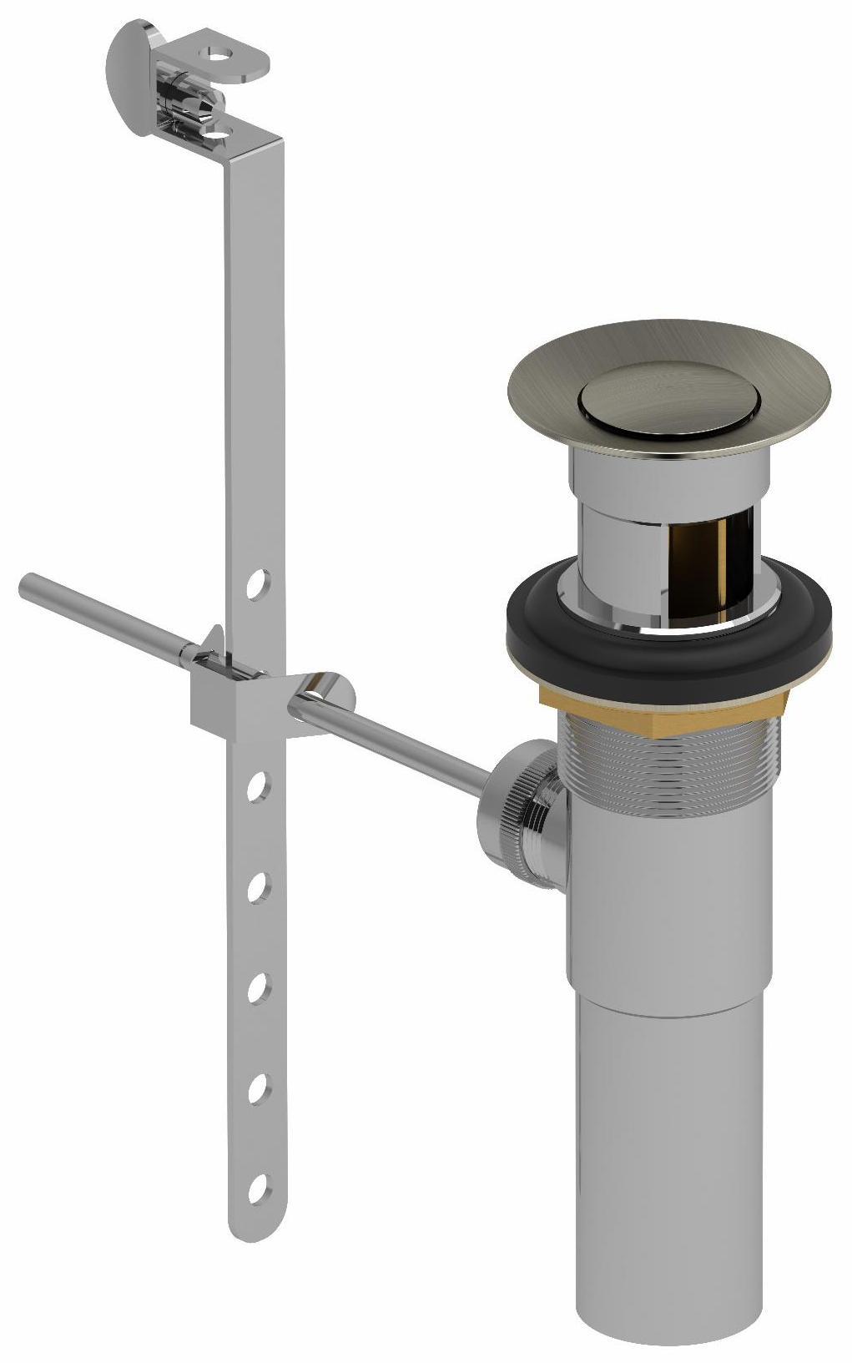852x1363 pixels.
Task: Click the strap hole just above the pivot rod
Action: pyautogui.click(x=258, y=583)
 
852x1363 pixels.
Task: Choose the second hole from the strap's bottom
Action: pyautogui.click(x=258, y=1088)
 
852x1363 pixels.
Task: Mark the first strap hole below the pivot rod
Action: pyautogui.click(x=258, y=786)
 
